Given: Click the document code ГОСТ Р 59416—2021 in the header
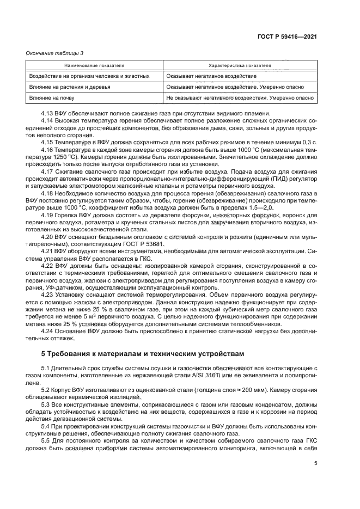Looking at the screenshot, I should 287,36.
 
